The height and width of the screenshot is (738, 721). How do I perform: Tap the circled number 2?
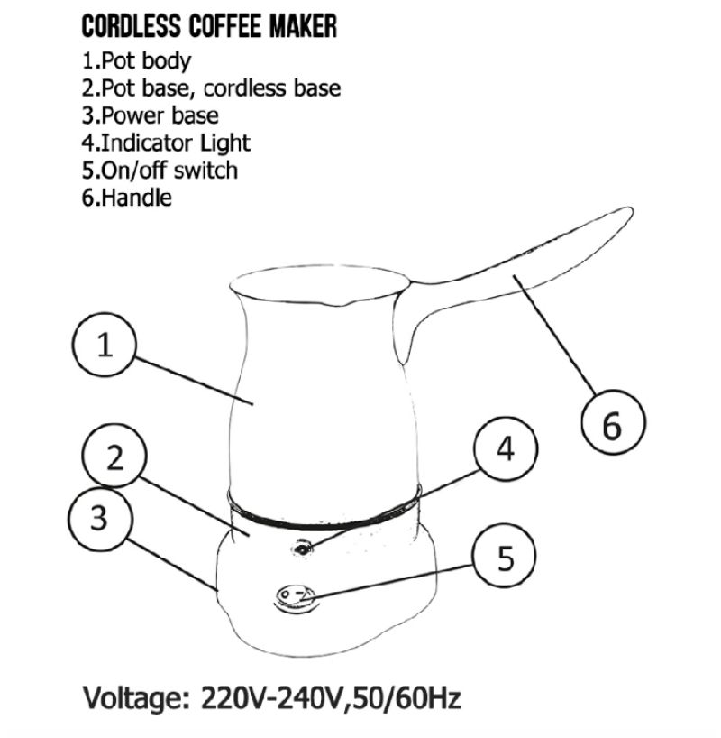click(x=114, y=458)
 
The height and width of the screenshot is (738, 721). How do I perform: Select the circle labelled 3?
click(x=100, y=518)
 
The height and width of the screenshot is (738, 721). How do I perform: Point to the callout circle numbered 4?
click(x=507, y=449)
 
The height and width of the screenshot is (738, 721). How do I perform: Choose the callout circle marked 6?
click(x=612, y=425)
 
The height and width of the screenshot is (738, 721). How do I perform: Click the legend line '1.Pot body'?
click(x=136, y=62)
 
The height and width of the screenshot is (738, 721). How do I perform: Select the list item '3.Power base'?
click(x=150, y=115)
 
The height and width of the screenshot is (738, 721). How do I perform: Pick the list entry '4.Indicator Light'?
click(x=166, y=143)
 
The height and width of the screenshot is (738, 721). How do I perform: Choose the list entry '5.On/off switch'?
click(x=160, y=170)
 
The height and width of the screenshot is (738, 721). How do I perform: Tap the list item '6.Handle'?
click(x=126, y=197)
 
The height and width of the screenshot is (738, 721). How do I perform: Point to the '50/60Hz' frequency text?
click(x=410, y=697)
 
